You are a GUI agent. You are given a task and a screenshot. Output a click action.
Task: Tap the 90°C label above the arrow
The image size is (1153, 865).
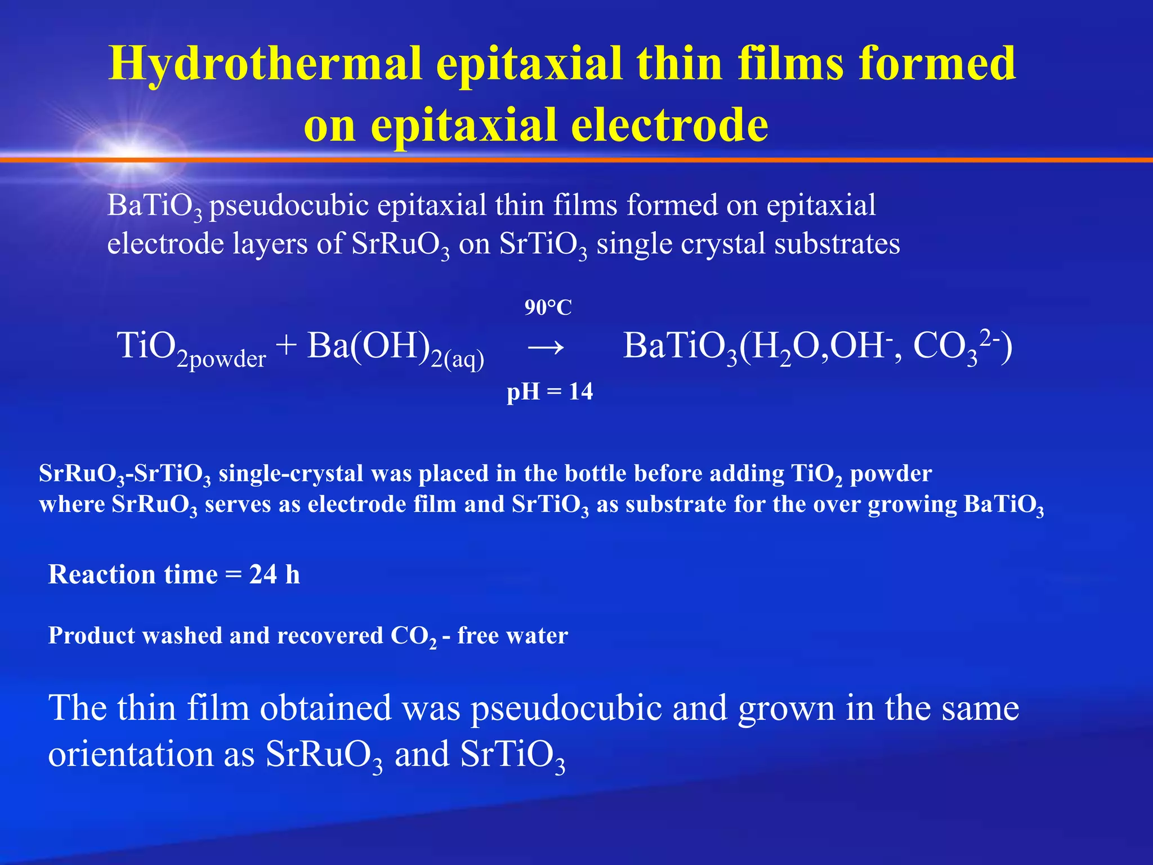point(548,307)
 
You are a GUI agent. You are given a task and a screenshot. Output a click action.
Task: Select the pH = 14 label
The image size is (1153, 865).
point(549,391)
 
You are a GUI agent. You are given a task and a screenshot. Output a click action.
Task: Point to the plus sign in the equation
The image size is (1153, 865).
point(287,346)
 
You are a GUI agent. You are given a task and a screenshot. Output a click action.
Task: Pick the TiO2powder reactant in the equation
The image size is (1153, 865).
point(191,348)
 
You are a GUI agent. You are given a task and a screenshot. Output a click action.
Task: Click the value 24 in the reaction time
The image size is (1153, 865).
point(263,574)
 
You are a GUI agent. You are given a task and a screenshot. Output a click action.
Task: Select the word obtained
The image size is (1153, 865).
point(325,708)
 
